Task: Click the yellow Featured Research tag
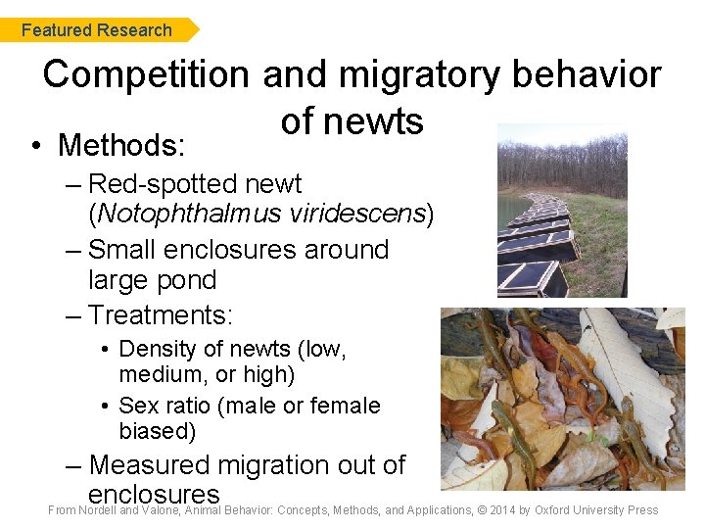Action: coord(97,30)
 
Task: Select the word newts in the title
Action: coord(377,121)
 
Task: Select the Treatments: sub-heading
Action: coord(162,314)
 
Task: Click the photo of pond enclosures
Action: coord(562,211)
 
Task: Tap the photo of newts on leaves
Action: coord(562,399)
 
